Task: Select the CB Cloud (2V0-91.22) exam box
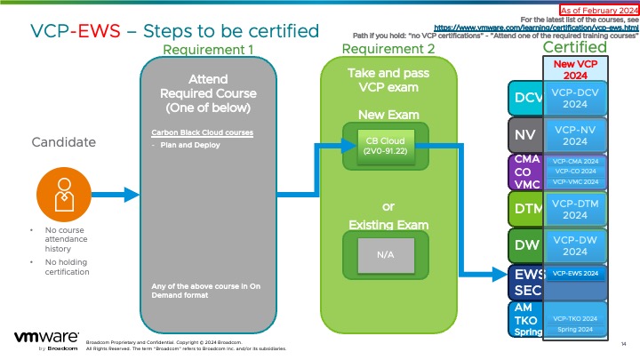click(x=386, y=144)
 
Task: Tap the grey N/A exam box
click(x=386, y=254)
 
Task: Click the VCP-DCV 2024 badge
click(x=574, y=97)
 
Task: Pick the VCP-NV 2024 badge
click(x=574, y=135)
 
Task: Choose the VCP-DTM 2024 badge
click(x=574, y=209)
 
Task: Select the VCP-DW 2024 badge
click(x=574, y=244)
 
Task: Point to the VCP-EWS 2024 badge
click(x=574, y=273)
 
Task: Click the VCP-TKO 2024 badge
click(x=574, y=317)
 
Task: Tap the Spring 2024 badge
click(x=574, y=330)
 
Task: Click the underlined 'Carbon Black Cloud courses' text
click(x=203, y=133)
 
